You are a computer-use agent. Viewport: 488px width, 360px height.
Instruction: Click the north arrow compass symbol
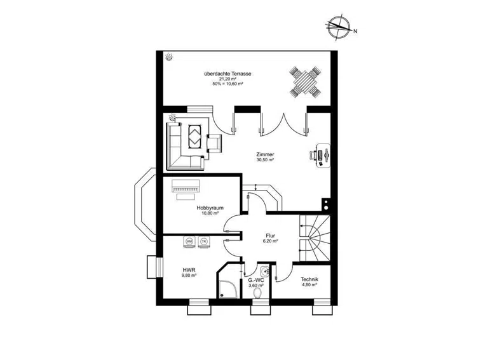pos(339,28)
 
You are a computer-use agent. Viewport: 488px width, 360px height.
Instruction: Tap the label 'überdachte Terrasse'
pos(227,74)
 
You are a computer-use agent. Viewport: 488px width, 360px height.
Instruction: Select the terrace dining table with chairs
pos(305,82)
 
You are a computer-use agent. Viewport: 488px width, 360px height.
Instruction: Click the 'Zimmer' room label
pos(265,154)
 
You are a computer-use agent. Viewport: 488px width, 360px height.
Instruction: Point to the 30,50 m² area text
pos(265,160)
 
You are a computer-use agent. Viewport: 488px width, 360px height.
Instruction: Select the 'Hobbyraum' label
pos(210,208)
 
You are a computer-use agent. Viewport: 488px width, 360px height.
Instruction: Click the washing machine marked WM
pos(189,242)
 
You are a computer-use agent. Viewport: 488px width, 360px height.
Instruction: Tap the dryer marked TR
pos(204,242)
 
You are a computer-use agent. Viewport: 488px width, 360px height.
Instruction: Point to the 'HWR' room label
pos(189,270)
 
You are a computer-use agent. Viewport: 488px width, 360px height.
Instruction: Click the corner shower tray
pos(229,290)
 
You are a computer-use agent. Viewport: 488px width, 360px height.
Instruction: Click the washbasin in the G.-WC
pos(264,271)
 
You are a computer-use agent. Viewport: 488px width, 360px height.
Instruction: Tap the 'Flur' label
pos(271,236)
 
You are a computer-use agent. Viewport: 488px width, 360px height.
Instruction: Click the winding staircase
pos(315,238)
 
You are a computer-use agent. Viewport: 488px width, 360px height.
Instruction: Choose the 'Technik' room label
pos(309,279)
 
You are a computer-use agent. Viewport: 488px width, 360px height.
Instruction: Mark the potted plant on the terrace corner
pos(169,57)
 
